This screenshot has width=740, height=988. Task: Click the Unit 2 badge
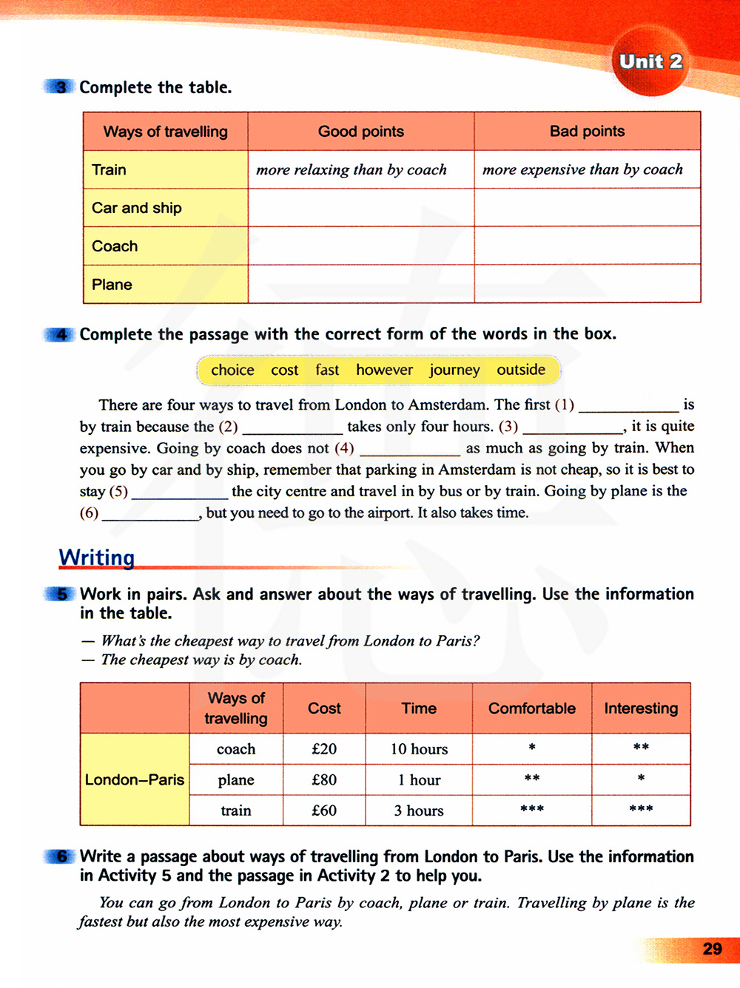650,62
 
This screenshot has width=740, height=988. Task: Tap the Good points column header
361,132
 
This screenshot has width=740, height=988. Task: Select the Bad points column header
587,132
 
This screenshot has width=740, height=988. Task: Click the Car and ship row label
137,208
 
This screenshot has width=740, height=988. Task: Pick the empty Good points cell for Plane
361,284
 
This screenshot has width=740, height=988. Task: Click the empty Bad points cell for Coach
587,246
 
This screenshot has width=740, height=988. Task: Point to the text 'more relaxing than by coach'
351,170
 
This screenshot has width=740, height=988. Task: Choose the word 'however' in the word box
384,370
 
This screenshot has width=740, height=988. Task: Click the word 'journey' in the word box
454,370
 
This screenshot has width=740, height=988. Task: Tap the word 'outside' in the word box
521,370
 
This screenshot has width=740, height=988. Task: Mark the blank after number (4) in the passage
410,450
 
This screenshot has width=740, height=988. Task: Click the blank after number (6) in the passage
150,515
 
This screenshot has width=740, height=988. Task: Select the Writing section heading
97,557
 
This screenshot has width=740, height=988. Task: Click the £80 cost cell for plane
324,779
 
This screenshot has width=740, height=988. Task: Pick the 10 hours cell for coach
419,749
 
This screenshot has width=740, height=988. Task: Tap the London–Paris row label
135,779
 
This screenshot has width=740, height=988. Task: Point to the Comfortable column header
531,708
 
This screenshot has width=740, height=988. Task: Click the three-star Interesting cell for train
641,810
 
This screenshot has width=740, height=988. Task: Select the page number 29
712,949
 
